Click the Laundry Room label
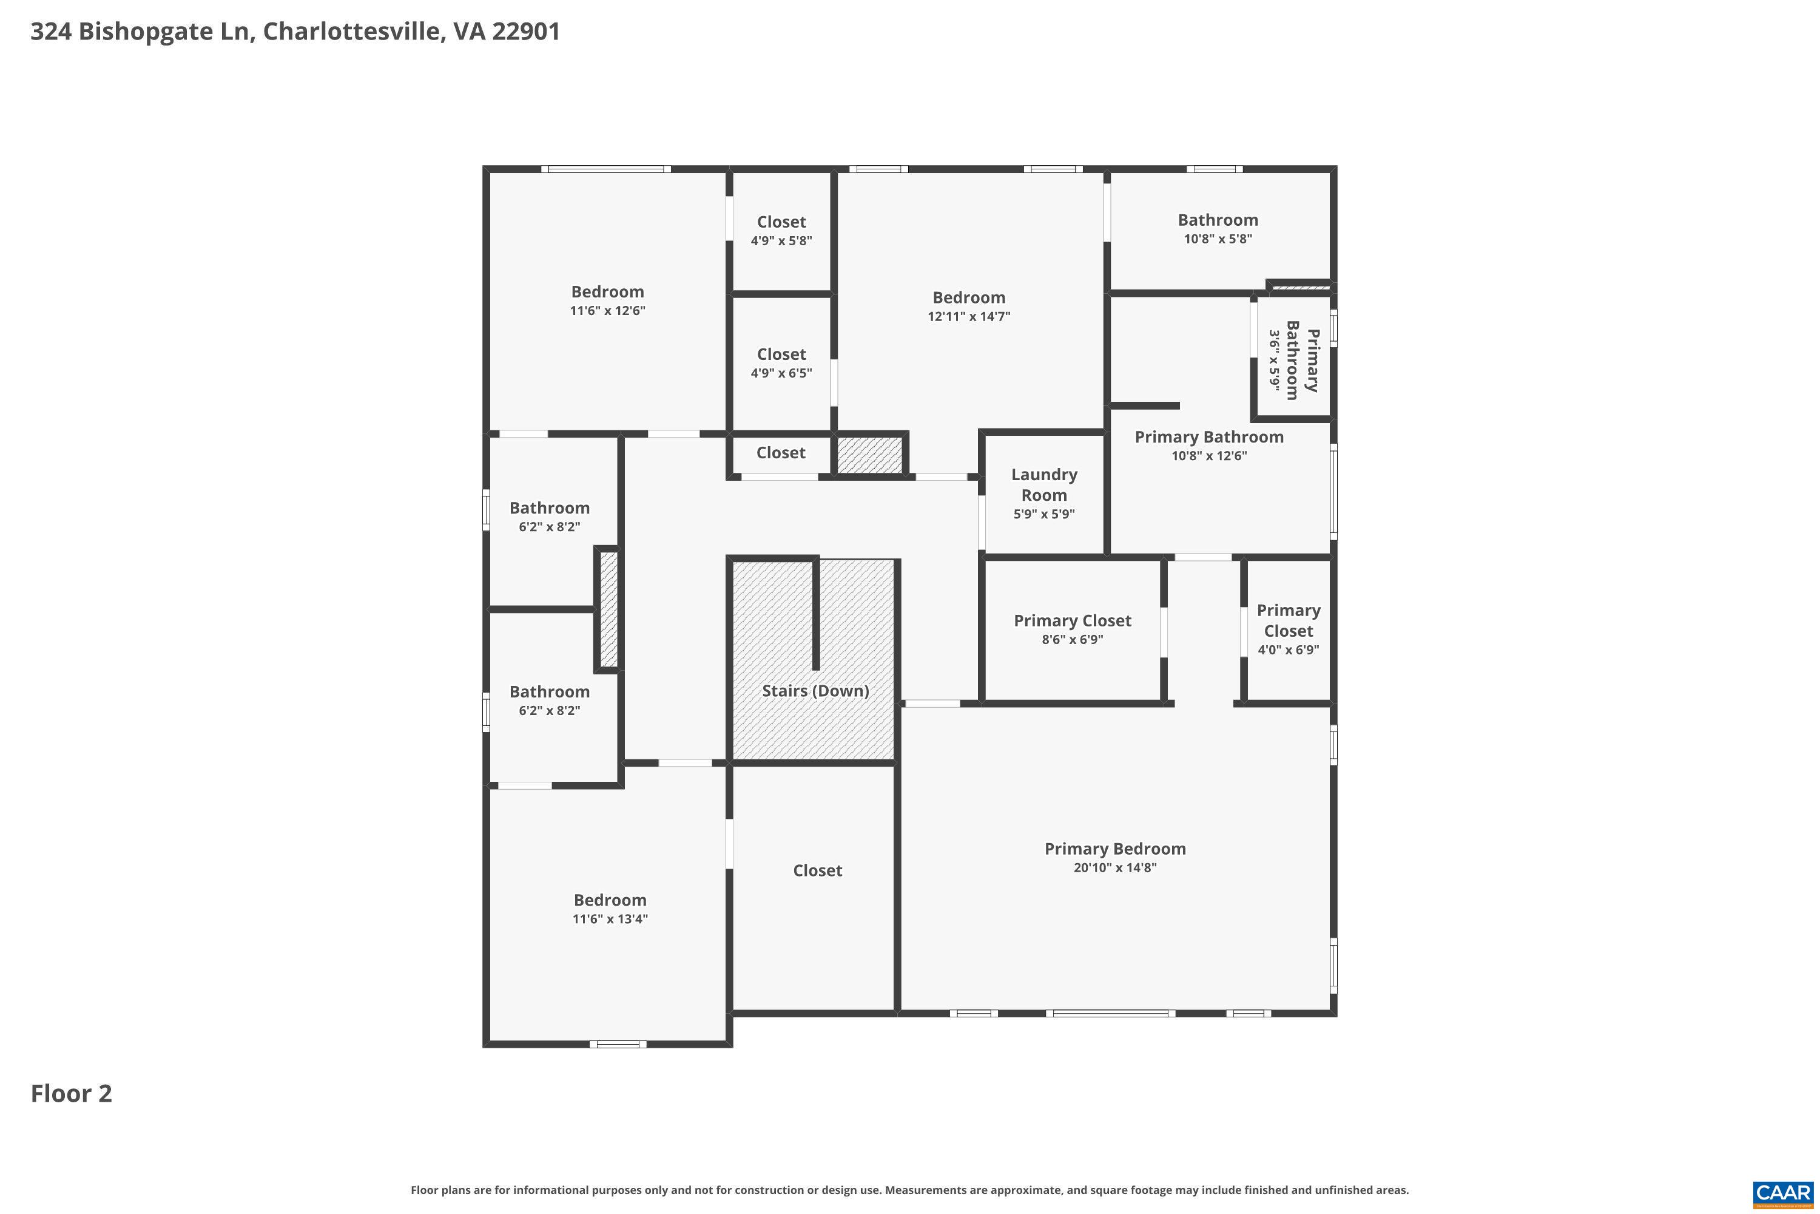pos(1044,484)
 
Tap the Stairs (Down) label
pos(815,691)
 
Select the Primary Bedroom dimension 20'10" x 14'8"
pos(1114,868)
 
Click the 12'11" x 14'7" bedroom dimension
pos(969,316)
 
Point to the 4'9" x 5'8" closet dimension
pos(781,241)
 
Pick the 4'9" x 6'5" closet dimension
pos(781,373)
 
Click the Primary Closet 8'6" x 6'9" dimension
pos(1072,640)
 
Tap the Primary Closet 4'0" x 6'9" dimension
pos(1289,649)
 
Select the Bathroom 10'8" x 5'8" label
pos(1218,220)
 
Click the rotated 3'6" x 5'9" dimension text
pos(1273,360)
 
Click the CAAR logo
pos(1784,1193)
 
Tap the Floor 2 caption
pos(71,1093)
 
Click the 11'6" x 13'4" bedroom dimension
pos(610,919)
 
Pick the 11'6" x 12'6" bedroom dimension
pos(607,310)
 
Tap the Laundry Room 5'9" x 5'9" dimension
pos(1044,514)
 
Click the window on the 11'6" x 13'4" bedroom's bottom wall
pos(618,1043)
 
